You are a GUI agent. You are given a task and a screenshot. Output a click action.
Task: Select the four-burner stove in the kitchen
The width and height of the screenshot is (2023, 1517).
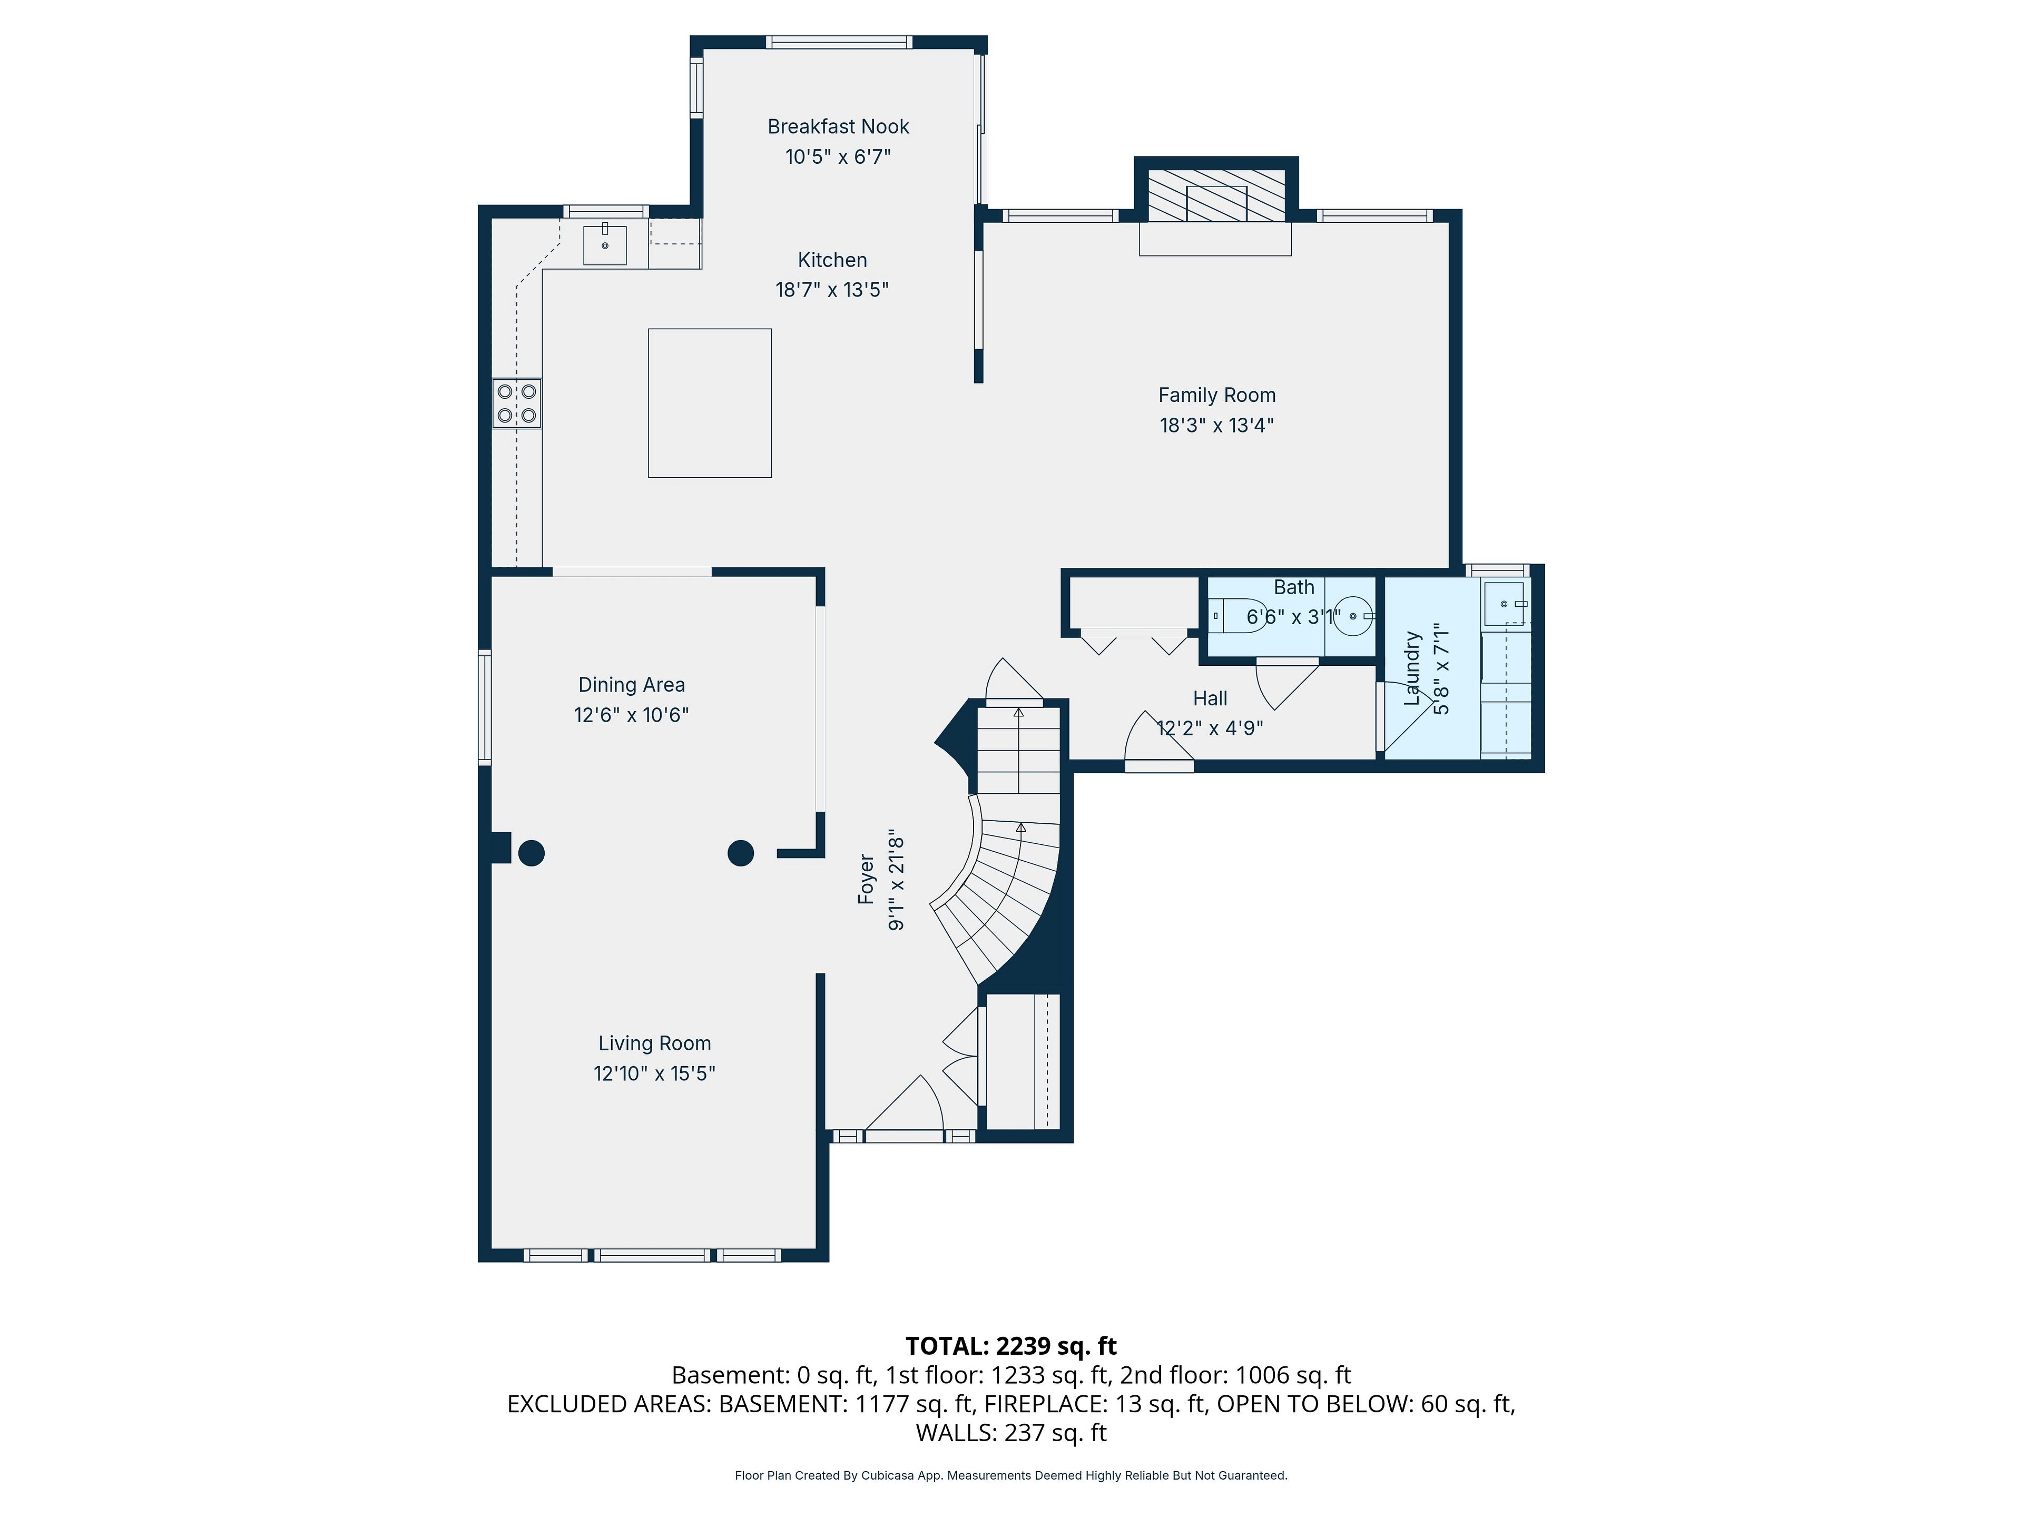pos(517,403)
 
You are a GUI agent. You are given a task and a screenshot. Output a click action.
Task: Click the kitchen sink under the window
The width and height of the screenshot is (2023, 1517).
pos(604,244)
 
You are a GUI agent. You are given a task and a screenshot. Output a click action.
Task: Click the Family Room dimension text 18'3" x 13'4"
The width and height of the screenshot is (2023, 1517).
pos(1216,425)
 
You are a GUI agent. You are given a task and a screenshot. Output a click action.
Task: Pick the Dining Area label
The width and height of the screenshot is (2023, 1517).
pos(631,685)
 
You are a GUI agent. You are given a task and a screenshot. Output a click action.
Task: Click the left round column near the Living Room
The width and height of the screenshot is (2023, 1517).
pos(532,853)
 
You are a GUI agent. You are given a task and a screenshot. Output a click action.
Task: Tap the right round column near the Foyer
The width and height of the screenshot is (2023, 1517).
pos(741,853)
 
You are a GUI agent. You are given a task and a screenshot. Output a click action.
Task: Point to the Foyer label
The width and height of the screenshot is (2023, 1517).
pos(866,880)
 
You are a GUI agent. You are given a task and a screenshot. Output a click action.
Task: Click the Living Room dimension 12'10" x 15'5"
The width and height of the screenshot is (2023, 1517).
pos(654,1073)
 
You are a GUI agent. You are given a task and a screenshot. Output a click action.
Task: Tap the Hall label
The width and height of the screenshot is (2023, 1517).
pos(1210,698)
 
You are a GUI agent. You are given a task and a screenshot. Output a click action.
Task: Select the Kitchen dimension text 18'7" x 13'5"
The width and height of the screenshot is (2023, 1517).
pos(832,290)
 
